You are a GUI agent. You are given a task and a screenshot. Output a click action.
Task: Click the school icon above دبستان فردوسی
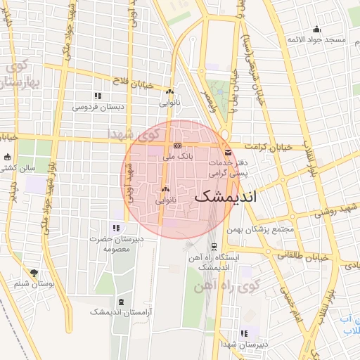click(98, 96)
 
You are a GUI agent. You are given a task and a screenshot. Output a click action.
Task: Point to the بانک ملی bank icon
click(177, 146)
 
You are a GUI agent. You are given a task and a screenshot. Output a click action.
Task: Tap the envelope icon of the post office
click(227, 152)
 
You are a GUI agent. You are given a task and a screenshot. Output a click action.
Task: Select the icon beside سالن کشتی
click(8, 157)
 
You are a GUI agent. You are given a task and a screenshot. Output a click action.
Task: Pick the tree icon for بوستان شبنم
click(34, 273)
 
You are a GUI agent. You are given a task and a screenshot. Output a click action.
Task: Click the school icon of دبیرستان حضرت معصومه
click(116, 228)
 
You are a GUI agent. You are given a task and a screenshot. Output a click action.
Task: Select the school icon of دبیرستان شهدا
click(244, 333)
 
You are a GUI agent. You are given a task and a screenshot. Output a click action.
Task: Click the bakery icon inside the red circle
click(166, 189)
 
